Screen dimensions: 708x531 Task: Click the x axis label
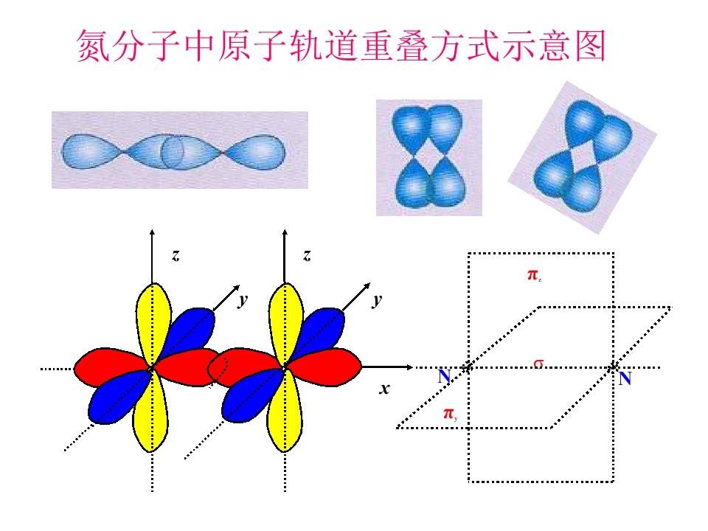pyautogui.click(x=384, y=389)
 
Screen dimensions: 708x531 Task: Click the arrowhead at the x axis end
pyautogui.click(x=409, y=367)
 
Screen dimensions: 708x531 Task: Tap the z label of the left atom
pyautogui.click(x=176, y=256)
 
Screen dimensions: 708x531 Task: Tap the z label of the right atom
pyautogui.click(x=307, y=256)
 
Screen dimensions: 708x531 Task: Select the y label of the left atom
pyautogui.click(x=243, y=300)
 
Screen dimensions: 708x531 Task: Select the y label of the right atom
pyautogui.click(x=377, y=300)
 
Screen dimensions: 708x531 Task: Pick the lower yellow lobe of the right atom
pyautogui.click(x=285, y=412)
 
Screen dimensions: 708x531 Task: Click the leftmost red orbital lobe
pyautogui.click(x=111, y=367)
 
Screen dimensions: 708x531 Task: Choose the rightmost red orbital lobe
pyautogui.click(x=325, y=367)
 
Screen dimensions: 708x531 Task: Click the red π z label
pyautogui.click(x=534, y=275)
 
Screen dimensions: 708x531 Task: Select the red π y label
pyautogui.click(x=450, y=413)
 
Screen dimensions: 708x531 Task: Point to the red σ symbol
pyautogui.click(x=538, y=363)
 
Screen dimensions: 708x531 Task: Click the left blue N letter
pyautogui.click(x=444, y=376)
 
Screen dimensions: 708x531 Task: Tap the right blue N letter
pyautogui.click(x=625, y=378)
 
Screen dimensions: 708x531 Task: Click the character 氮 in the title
pyautogui.click(x=93, y=46)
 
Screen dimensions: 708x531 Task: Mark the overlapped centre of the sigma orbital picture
pyautogui.click(x=172, y=151)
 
